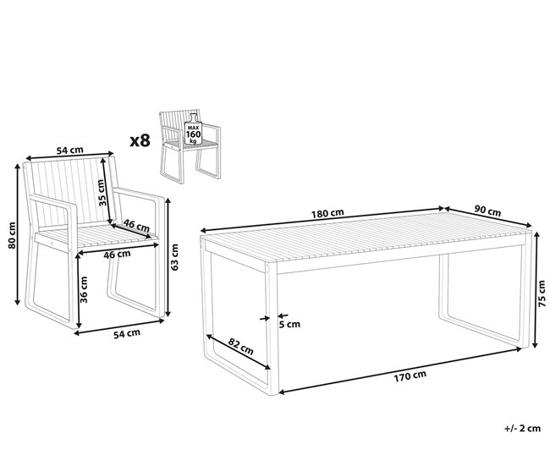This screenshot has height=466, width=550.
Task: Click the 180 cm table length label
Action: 327,213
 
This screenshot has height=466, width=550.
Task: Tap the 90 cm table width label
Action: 487,211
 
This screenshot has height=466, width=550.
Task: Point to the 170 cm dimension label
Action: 410,376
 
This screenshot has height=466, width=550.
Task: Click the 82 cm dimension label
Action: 240,346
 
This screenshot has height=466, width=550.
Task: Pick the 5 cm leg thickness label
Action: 289,325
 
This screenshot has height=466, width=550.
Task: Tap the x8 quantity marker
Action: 140,140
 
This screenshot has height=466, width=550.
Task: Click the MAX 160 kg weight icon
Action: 193,129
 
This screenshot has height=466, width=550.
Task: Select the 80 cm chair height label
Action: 12,235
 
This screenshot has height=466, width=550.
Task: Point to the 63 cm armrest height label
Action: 174,257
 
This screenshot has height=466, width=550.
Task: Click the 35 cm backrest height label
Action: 101,193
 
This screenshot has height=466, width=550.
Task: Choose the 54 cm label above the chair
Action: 70,150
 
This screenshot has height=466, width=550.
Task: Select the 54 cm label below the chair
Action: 127,334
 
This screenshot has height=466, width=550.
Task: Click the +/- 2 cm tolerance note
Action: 523,428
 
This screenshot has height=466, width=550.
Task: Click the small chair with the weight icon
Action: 190,146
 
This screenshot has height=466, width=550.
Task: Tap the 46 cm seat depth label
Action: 136,226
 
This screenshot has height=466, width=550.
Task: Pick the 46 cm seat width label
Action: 117,255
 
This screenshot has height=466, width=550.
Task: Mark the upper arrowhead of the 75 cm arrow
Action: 536,234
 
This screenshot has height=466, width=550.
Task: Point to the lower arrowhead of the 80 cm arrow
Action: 17,302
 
